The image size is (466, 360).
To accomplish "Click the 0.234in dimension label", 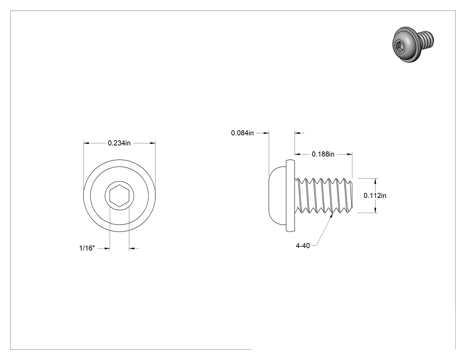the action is [x=119, y=143].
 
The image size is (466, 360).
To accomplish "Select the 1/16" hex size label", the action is [x=87, y=248].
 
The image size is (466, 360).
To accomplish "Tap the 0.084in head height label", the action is [x=242, y=133].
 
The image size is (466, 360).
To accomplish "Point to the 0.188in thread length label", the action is [x=323, y=154].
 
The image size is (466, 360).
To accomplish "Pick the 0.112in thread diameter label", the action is [x=375, y=195].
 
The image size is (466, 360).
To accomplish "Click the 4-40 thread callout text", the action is [x=303, y=245].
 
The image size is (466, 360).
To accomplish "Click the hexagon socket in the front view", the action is [x=119, y=196].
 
